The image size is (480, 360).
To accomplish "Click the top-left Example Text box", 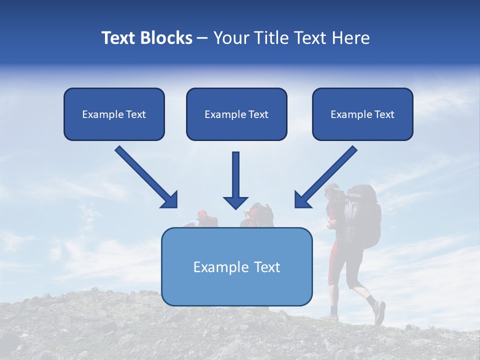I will tap(114, 114).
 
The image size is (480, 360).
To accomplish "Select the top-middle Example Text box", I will tap(236, 114).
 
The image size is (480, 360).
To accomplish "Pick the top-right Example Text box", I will tap(362, 114).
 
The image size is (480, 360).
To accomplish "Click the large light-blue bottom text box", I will tap(236, 267).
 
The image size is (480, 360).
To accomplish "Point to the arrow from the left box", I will tap(145, 176).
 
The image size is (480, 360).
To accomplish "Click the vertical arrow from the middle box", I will tap(235, 177).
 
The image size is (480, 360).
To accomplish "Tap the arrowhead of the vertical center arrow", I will tap(235, 201).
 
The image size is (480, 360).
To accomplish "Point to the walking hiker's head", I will tap(331, 191).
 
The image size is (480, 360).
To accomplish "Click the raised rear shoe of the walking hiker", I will tap(379, 312).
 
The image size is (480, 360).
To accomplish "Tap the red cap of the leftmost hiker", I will tap(201, 214).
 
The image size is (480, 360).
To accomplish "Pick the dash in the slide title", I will tap(202, 38).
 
